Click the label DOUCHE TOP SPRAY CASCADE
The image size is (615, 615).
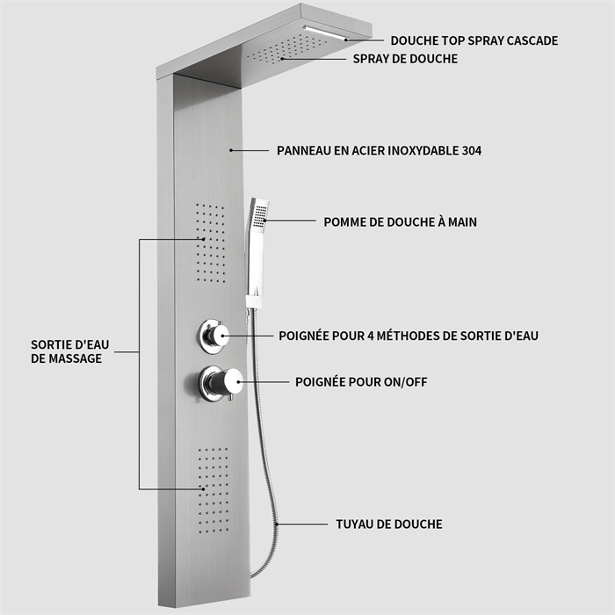click(474, 40)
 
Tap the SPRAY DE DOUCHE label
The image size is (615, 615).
click(405, 59)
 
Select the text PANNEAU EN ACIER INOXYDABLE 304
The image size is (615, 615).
click(379, 151)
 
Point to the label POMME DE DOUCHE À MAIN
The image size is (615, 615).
click(400, 222)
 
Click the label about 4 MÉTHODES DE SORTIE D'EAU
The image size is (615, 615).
click(408, 336)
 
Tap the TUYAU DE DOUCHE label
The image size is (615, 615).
click(388, 525)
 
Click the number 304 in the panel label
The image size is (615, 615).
click(470, 151)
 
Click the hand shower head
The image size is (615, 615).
click(259, 220)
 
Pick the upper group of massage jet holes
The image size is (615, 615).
click(211, 242)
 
